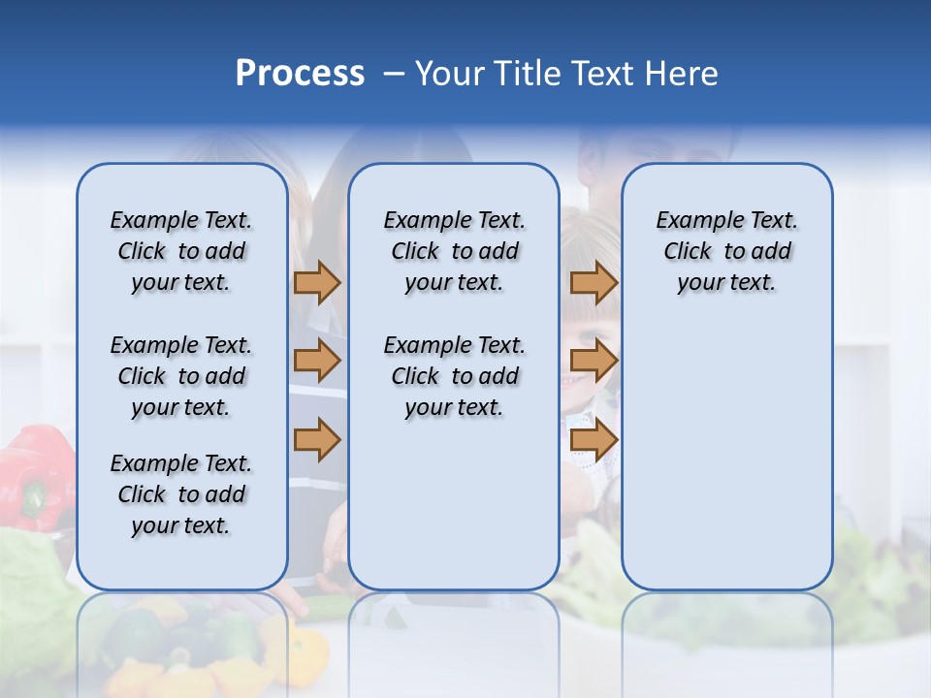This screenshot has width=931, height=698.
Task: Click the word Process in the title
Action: tap(300, 74)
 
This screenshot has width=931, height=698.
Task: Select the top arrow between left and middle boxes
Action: tap(317, 282)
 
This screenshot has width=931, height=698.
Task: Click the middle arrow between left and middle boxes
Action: tap(317, 361)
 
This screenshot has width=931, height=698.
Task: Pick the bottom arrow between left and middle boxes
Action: tap(317, 440)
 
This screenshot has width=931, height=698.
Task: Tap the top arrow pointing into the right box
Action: tap(594, 282)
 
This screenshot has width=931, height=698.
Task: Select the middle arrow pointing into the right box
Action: tap(594, 361)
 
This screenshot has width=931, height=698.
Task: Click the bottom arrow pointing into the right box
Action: tap(594, 440)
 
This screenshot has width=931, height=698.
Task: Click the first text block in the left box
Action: tap(181, 251)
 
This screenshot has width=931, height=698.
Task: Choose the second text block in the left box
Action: tap(181, 376)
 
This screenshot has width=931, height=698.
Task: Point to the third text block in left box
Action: tap(181, 494)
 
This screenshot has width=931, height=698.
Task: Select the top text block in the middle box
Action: tap(454, 251)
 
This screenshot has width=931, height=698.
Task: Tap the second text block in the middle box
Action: tap(454, 376)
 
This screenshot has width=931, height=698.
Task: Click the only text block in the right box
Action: tap(726, 251)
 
